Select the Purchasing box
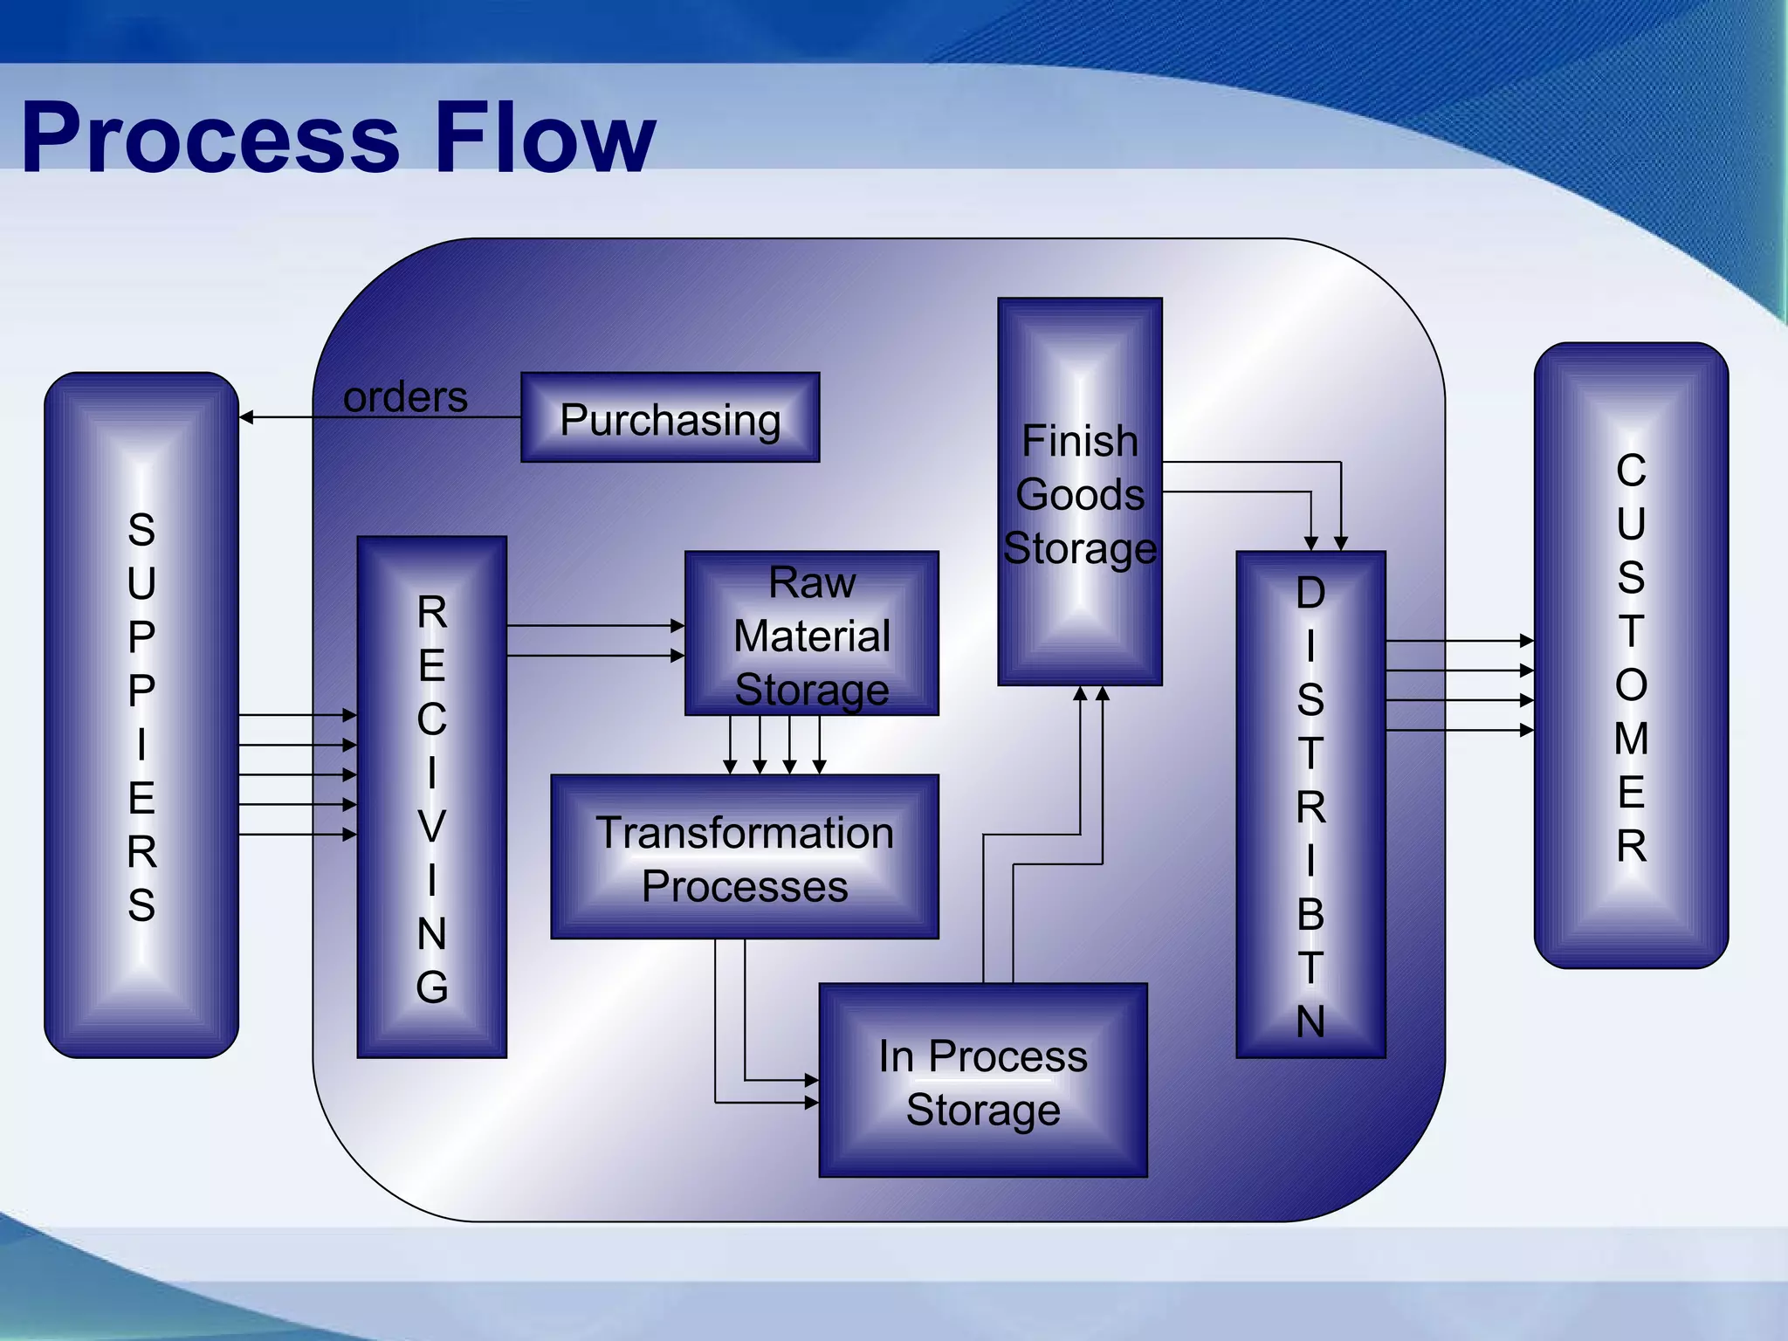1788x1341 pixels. [x=670, y=418]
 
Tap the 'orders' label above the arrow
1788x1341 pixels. [x=405, y=397]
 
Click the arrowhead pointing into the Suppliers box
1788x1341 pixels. [x=247, y=417]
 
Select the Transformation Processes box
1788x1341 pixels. [x=745, y=857]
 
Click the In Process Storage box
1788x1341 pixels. [x=983, y=1081]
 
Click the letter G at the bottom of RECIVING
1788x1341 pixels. [x=432, y=987]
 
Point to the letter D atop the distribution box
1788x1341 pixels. [x=1310, y=593]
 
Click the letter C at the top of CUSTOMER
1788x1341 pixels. [x=1631, y=471]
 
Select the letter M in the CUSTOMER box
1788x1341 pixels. [x=1631, y=739]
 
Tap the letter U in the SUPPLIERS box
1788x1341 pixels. [x=141, y=583]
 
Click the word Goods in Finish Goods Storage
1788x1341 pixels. [x=1080, y=495]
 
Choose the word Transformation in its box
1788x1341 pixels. [x=745, y=833]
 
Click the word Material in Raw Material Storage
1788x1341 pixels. [x=812, y=636]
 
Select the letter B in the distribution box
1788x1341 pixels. [x=1310, y=914]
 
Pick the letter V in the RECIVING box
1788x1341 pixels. [x=432, y=827]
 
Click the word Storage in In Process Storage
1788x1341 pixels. [x=983, y=1110]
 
